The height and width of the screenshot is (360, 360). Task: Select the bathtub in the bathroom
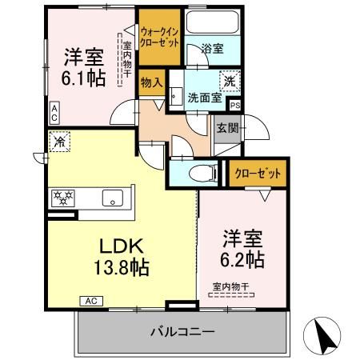pyautogui.click(x=211, y=22)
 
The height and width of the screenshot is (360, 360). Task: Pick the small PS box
pyautogui.click(x=234, y=105)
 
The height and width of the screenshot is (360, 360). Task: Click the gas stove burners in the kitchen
pyautogui.click(x=64, y=196)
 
